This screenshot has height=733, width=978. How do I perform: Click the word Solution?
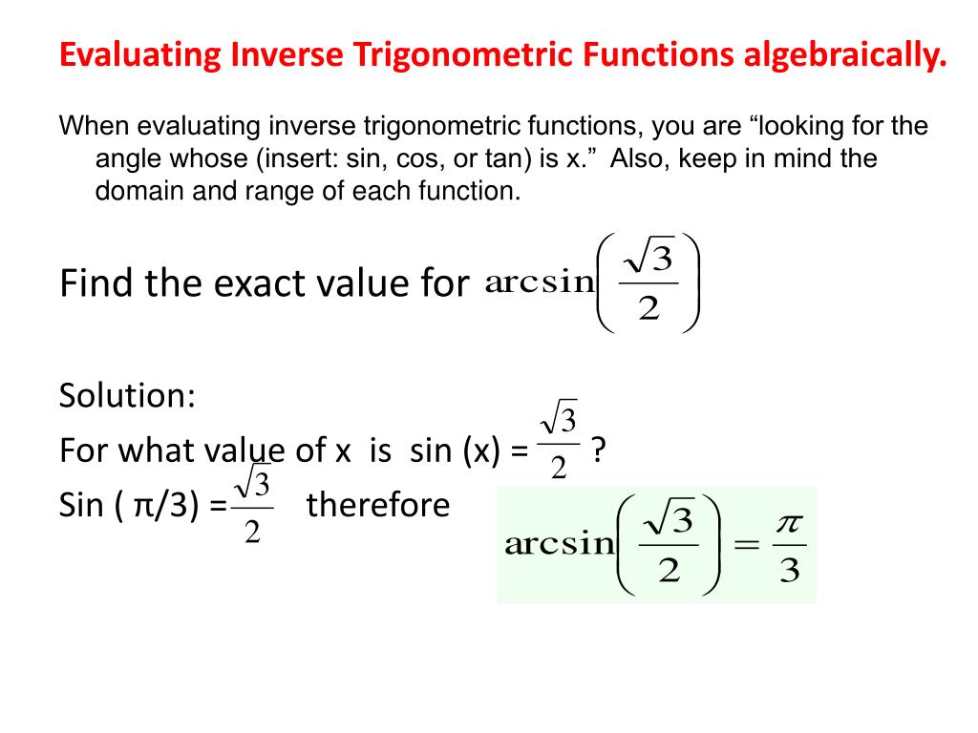127,394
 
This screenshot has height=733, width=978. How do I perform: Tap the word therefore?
377,504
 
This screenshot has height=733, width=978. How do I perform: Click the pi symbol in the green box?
788,524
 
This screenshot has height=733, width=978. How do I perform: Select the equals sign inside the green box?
743,545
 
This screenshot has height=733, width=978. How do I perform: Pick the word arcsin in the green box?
559,544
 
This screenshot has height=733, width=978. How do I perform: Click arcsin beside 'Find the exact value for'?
540,283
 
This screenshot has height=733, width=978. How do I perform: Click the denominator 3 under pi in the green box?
788,572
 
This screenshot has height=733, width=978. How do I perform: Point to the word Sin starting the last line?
80,504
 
